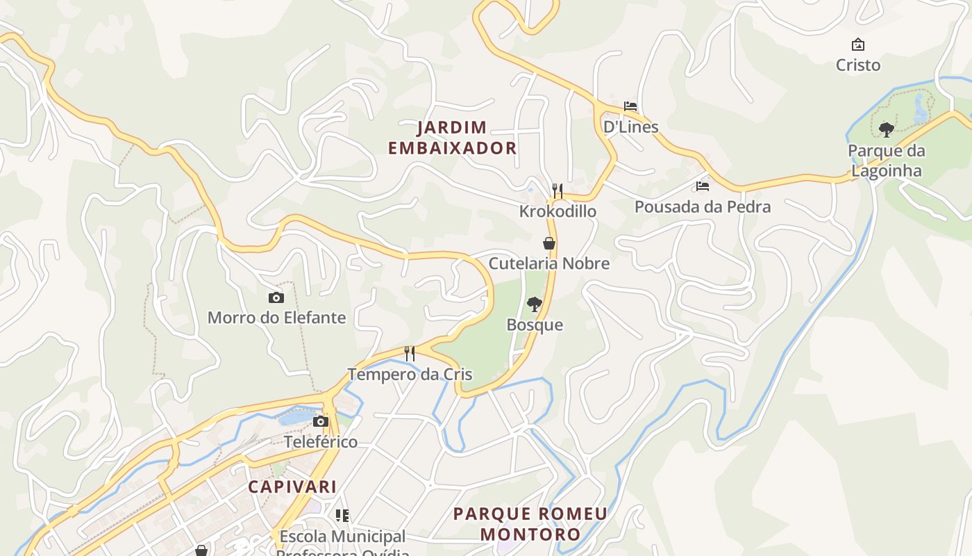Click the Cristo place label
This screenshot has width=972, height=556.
858,65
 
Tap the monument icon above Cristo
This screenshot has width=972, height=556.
858,45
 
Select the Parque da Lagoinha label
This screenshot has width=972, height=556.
886,161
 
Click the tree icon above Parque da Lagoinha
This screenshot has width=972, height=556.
886,129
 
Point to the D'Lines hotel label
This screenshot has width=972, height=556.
630,127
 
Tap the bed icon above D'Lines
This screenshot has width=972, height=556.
630,106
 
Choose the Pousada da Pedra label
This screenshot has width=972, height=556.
703,207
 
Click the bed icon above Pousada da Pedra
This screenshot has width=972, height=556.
703,186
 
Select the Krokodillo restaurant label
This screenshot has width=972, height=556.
558,211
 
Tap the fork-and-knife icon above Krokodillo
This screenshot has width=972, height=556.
557,190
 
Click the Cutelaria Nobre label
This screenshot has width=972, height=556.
549,263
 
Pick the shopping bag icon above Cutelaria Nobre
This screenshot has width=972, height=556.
549,243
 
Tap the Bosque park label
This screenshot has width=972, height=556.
535,325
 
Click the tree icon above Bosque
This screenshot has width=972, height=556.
534,304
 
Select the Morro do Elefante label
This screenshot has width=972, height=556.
276,318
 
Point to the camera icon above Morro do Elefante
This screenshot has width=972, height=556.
276,297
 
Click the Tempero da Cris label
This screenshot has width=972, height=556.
410,375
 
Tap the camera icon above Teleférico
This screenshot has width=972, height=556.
321,421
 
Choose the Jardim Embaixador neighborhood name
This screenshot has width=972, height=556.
452,138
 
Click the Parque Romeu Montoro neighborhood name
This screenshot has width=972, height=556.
530,524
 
